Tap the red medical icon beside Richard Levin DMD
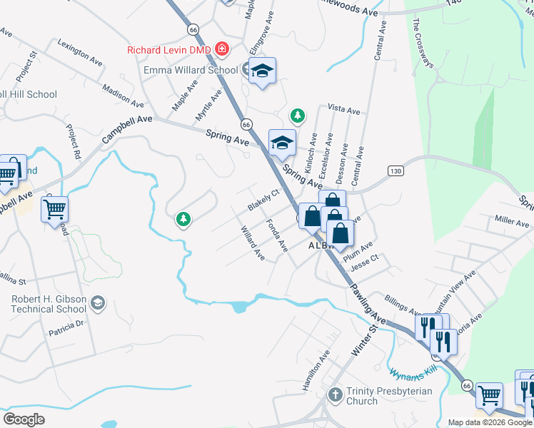pos(222,49)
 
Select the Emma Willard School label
pos(191,71)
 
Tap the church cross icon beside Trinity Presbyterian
pos(336,394)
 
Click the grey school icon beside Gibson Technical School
pos(99,305)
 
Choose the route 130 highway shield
pos(396,170)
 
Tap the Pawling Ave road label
pos(369,300)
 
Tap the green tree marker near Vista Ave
pos(297,115)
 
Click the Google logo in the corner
pos(24,419)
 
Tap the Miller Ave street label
pos(511,223)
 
